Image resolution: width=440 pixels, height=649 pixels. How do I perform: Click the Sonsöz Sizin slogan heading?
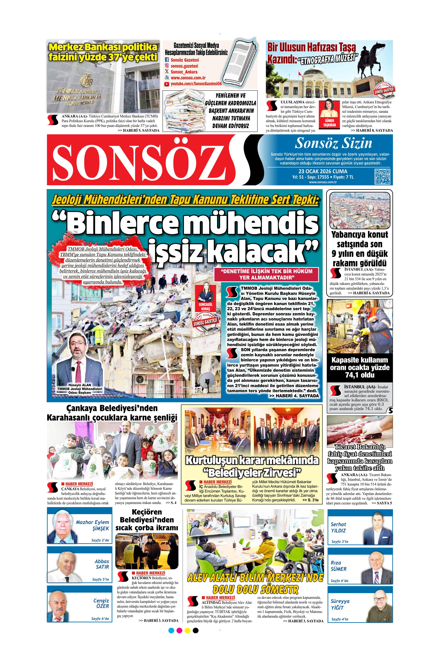(333, 143)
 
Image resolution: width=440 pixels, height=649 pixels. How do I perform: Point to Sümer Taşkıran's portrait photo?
(329, 109)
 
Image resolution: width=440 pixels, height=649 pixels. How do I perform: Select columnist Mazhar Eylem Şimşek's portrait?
(63, 527)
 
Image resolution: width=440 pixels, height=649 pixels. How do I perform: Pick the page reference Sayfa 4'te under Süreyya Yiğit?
(340, 619)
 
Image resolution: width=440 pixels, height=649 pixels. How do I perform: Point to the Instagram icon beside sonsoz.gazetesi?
(167, 66)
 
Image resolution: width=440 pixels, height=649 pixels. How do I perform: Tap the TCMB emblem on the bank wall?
(86, 80)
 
